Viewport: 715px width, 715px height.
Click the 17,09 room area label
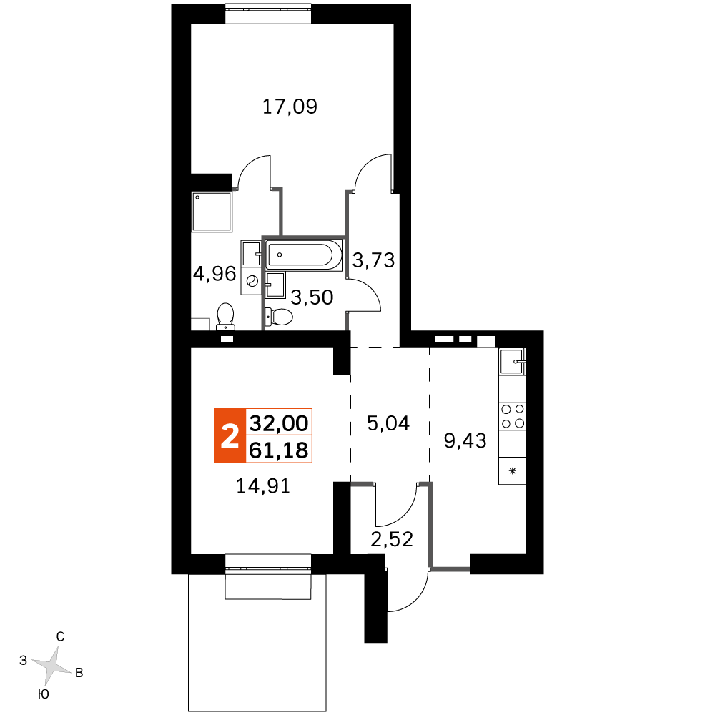pos(290,107)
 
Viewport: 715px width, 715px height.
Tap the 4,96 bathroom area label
pos(214,274)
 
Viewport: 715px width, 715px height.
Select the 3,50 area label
pos(312,297)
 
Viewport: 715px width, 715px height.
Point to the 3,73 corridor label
pos(373,260)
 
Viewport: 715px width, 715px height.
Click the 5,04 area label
pos(388,423)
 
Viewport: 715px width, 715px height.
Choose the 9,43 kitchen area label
pos(465,441)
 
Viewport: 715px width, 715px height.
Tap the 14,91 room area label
pos(263,486)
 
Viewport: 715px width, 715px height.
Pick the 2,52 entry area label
pos(392,539)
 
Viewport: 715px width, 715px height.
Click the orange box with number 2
pos(230,436)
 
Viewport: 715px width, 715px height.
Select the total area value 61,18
pos(279,450)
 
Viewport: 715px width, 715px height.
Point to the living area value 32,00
pos(279,423)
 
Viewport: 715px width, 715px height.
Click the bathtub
pos(304,255)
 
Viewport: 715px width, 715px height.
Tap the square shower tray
pos(212,212)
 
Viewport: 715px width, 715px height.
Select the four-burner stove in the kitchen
pos(513,416)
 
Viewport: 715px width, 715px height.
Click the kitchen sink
pos(512,362)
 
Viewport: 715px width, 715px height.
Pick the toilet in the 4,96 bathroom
pos(225,317)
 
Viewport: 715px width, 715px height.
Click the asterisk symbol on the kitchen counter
pos(513,471)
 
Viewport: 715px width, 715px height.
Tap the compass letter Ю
pos(44,694)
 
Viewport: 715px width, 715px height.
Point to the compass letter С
pos(60,636)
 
